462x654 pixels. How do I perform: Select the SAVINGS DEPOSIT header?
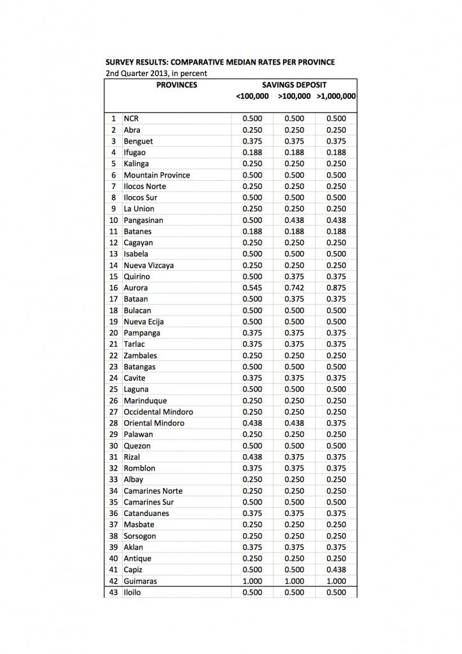click(x=294, y=84)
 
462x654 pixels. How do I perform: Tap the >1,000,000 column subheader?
click(x=336, y=96)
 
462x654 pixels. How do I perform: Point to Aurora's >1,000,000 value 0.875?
click(x=335, y=287)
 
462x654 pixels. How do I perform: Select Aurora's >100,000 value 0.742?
click(x=293, y=287)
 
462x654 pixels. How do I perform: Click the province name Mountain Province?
click(x=157, y=175)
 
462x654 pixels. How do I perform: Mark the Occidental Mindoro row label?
click(x=158, y=412)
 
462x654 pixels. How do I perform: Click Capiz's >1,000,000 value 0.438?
click(x=335, y=570)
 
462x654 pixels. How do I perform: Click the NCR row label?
click(x=131, y=119)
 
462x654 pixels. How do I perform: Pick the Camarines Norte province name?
click(x=153, y=491)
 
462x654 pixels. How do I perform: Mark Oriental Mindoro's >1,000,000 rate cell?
click(x=335, y=423)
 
